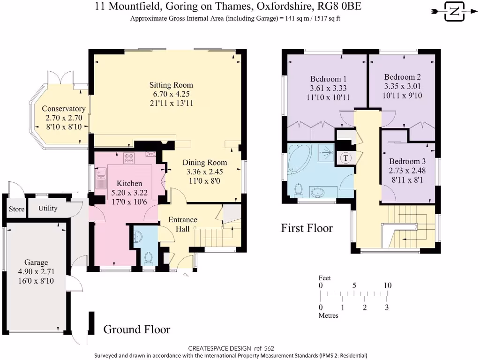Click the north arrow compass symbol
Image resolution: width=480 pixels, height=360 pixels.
point(455,12)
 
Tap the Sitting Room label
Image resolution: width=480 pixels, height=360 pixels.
point(171,85)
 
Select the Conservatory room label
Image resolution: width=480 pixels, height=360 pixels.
point(64,109)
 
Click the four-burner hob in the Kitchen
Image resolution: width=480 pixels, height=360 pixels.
point(129,158)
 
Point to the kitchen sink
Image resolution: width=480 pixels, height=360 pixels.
point(100,178)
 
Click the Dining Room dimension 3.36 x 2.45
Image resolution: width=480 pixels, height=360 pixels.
point(205,172)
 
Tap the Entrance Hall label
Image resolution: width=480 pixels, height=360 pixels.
point(183,224)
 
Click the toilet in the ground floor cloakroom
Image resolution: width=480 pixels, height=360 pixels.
point(149,258)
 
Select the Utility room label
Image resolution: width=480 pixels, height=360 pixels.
point(48,208)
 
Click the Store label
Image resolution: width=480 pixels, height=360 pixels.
point(16,209)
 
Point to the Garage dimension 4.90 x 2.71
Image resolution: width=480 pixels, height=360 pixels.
point(36,271)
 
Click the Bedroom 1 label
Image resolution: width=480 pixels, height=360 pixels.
point(328,79)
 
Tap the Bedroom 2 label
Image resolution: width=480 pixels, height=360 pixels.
point(402,77)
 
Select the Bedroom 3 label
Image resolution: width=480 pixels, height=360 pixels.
point(407,161)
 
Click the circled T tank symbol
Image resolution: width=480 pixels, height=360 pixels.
point(346,158)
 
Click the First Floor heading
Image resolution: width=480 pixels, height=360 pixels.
point(307,228)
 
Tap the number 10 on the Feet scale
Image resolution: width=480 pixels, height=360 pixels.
point(388,285)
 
